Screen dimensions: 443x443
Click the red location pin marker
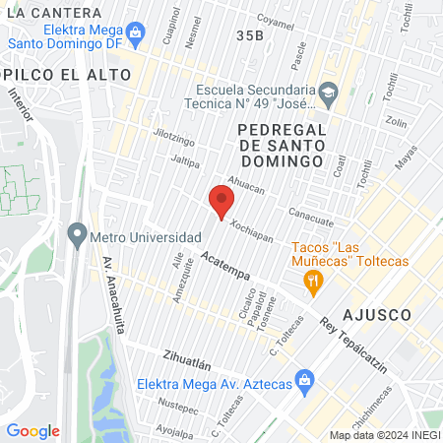[221, 202]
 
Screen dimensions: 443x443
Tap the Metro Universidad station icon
[77, 236]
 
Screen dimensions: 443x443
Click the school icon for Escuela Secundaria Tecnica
[328, 95]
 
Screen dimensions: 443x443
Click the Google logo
[32, 431]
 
